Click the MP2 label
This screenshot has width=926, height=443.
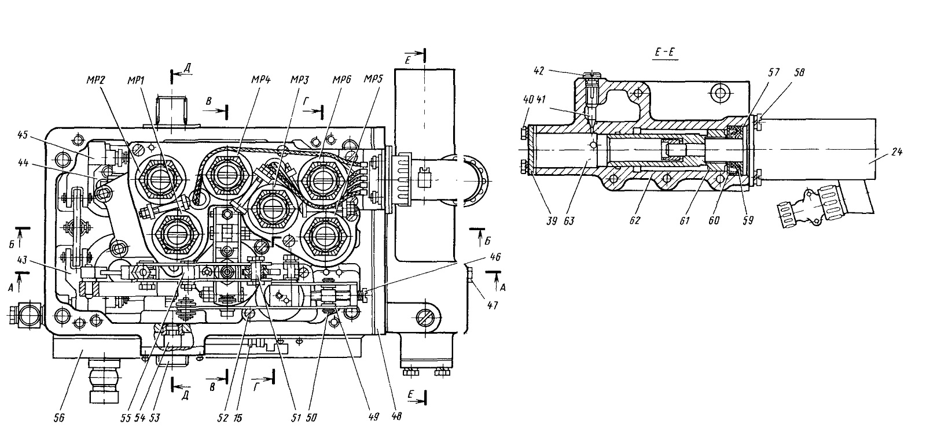(x=96, y=80)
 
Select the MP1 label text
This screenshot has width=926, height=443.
(x=136, y=80)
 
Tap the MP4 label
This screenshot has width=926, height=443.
(x=260, y=79)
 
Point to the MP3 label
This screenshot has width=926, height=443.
(x=300, y=79)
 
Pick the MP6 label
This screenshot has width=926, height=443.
(x=341, y=79)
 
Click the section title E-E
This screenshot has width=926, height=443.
(x=665, y=52)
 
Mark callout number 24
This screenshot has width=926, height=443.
(x=896, y=152)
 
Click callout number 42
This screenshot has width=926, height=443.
(x=539, y=71)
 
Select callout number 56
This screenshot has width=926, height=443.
(x=59, y=418)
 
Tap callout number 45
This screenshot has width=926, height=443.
(x=23, y=135)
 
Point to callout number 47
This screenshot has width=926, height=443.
(x=492, y=305)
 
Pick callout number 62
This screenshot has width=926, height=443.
(x=634, y=220)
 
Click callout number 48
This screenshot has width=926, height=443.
(x=396, y=416)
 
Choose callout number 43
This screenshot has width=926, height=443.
(x=22, y=260)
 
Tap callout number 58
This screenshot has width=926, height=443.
(x=799, y=72)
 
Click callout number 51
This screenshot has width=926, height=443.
(x=296, y=418)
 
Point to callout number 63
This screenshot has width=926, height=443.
(x=569, y=221)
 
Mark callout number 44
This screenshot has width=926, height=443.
(x=23, y=163)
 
